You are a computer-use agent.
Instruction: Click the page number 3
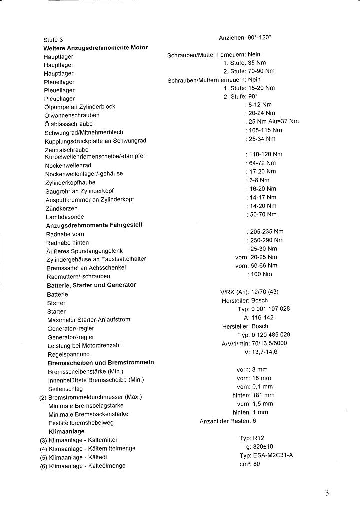[x=327, y=493]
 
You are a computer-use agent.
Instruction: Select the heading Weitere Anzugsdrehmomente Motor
[x=96, y=48]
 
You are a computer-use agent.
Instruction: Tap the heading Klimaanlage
[x=66, y=431]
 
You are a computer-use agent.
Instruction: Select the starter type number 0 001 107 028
[x=271, y=309]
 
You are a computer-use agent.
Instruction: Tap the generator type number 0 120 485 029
[x=271, y=334]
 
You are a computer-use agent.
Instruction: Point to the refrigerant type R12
[x=258, y=438]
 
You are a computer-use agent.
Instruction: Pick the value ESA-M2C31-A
[x=273, y=455]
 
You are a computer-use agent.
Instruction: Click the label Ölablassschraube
[x=68, y=124]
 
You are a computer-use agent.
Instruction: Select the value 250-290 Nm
[x=267, y=240]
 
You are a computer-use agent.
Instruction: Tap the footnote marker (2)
[x=43, y=397]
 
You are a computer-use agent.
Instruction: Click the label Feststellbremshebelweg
[x=81, y=423]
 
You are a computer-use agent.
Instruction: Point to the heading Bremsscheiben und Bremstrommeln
[x=100, y=362]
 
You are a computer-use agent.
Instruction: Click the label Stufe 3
[x=53, y=39]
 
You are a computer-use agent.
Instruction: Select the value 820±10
[x=263, y=447]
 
